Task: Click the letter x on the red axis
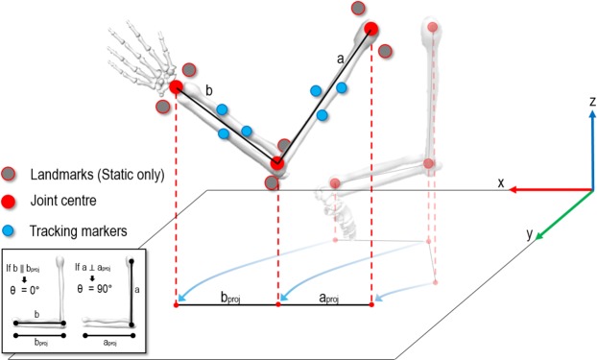(x=500, y=181)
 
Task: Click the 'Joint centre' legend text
(x=65, y=203)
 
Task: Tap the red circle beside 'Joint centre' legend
(x=10, y=203)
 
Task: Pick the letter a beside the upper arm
(x=340, y=58)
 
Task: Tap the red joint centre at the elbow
(x=277, y=163)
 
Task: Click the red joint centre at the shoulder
(x=370, y=29)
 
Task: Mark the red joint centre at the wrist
(x=177, y=88)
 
